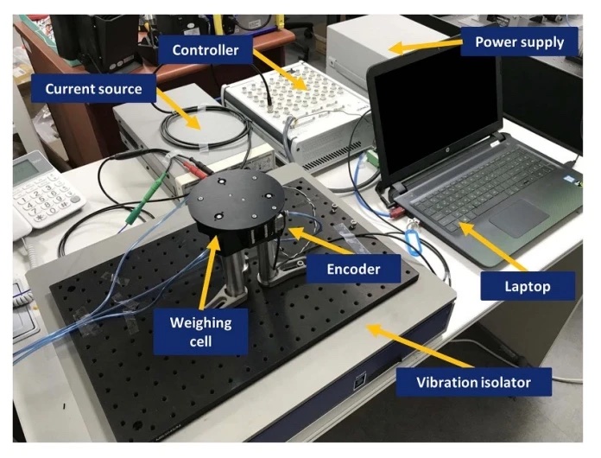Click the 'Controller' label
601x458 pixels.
pos(206,50)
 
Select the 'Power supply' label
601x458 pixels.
pos(519,41)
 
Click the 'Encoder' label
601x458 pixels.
pos(354,269)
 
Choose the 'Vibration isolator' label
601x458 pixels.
pos(473,382)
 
